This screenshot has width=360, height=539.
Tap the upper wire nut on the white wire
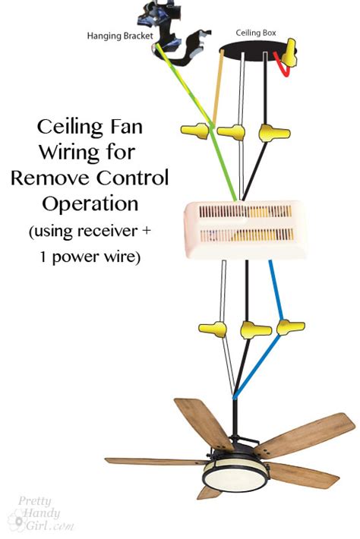coord(232,131)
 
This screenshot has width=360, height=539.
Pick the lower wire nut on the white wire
coord(213,329)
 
